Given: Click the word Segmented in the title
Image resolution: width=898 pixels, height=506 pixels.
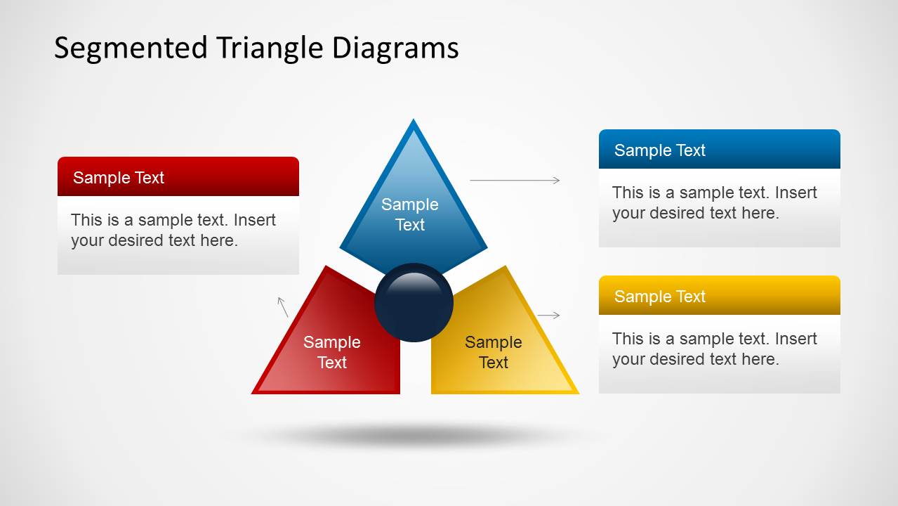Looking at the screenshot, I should coord(130,48).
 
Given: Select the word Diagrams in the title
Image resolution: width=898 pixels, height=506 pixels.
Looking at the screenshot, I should coord(395,48).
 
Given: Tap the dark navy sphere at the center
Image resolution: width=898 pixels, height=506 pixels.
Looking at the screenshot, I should coord(414,303).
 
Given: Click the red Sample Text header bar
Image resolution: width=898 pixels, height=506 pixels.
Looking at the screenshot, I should coord(178,177).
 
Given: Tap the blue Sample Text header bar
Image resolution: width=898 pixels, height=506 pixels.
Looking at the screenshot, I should coord(719,150).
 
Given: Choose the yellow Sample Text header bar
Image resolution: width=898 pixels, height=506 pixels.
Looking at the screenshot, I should coord(719,296).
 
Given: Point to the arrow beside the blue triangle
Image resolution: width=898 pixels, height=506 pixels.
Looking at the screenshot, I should coord(515,181).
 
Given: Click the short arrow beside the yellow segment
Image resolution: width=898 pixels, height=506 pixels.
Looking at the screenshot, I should coord(548,316).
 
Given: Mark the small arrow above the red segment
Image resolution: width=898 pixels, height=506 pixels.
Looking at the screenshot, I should coord(283,306).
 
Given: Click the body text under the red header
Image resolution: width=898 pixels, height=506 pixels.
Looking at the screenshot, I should coord(173,231).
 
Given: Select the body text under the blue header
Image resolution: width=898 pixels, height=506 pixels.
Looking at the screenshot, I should coord(714,203).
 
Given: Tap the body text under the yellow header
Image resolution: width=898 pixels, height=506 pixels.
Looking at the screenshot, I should coord(714,349).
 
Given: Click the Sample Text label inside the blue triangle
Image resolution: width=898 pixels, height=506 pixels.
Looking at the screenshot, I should coord(410,214).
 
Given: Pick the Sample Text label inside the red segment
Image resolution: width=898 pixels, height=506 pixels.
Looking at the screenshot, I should coord(332,352).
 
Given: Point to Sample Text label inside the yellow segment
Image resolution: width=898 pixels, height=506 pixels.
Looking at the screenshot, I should coord(494,352).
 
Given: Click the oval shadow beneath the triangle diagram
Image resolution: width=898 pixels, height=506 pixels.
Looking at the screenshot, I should coord(414,436).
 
